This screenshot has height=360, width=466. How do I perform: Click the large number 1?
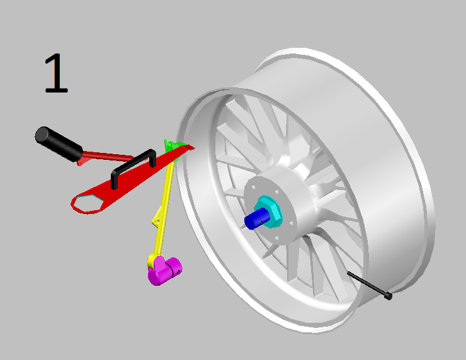(x=55, y=74)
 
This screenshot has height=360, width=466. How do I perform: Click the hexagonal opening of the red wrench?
(x=87, y=203)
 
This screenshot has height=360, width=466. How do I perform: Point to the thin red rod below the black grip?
(x=107, y=155)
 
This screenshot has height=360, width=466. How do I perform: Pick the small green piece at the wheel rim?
(x=172, y=146)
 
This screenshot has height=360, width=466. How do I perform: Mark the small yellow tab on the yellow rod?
(x=156, y=221)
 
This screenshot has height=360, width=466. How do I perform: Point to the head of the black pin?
(x=388, y=295)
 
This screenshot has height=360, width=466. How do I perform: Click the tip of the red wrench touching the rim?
(x=189, y=149)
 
